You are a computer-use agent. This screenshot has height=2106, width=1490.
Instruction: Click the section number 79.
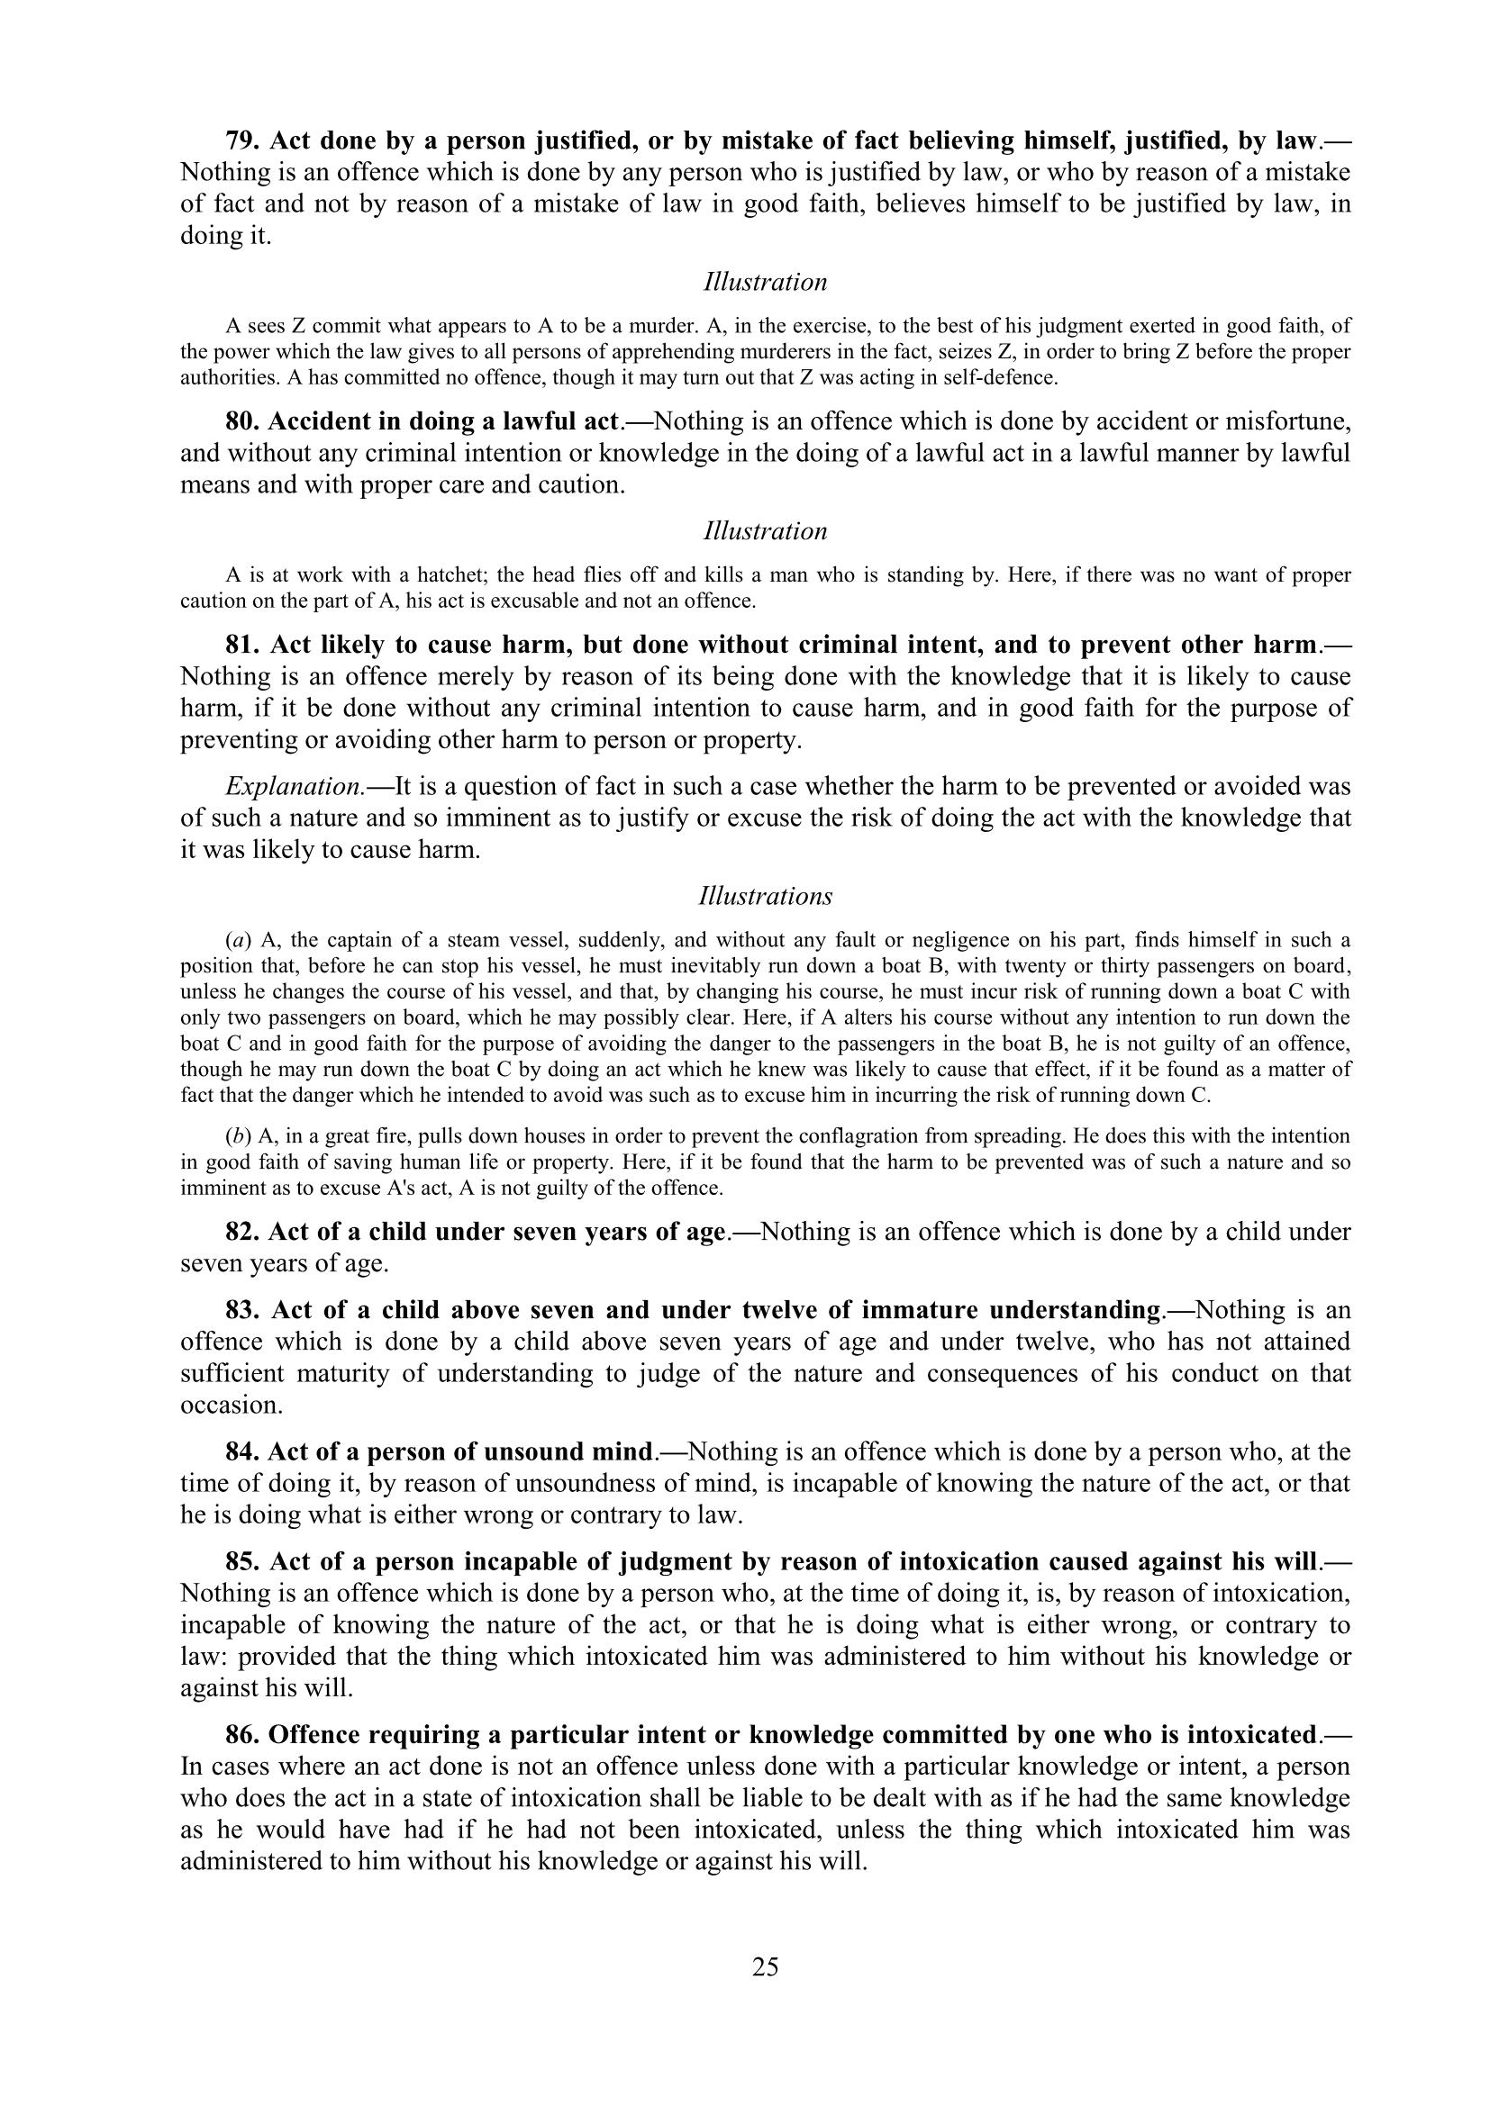(x=242, y=141)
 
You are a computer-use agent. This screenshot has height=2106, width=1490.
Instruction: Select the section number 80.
(x=242, y=422)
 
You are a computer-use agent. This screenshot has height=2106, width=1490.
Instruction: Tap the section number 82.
(x=242, y=1232)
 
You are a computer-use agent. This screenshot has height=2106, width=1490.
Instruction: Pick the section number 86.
(x=242, y=1734)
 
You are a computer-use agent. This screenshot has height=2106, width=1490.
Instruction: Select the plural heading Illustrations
(x=765, y=896)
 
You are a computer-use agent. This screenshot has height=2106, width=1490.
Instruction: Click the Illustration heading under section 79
(x=765, y=283)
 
